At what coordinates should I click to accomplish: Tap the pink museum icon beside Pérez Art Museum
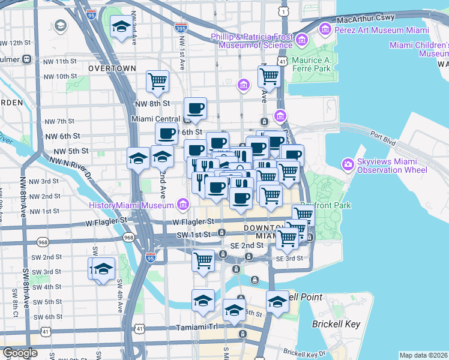click(x=325, y=28)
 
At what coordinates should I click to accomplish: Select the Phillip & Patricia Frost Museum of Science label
click(x=252, y=41)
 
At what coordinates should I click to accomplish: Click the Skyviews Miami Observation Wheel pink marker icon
click(x=348, y=164)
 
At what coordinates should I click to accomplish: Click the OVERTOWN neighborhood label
click(x=112, y=68)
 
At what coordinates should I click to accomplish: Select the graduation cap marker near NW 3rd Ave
click(x=121, y=27)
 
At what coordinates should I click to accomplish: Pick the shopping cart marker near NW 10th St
click(x=158, y=80)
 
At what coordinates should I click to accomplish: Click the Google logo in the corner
click(x=20, y=353)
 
